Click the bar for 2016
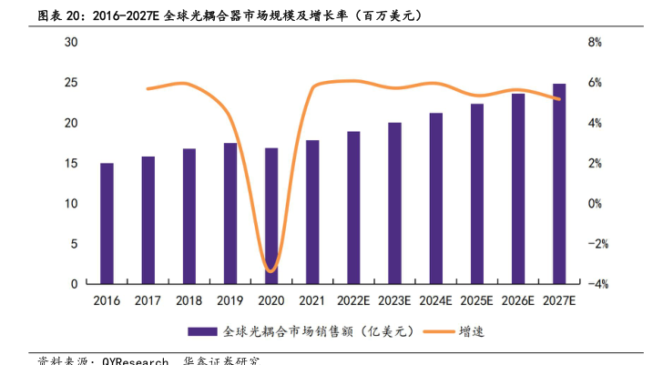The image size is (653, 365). [107, 224]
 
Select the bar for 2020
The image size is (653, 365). [271, 217]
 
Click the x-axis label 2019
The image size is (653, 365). [230, 300]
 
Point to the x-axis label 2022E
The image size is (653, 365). [353, 300]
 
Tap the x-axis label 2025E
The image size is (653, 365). [476, 300]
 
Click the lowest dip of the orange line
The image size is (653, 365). [270, 270]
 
